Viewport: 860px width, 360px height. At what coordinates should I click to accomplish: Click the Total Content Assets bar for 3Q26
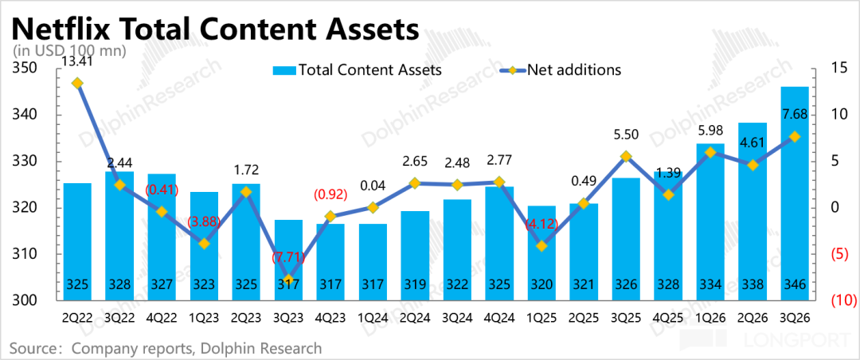click(794, 194)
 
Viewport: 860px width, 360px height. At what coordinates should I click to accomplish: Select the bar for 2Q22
click(77, 241)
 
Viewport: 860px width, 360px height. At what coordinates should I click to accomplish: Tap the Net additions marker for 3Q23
click(288, 280)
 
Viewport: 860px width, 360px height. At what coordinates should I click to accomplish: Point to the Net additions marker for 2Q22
click(77, 83)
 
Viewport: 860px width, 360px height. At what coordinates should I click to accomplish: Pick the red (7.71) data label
click(288, 259)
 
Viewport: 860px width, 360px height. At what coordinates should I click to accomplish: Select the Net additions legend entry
click(561, 70)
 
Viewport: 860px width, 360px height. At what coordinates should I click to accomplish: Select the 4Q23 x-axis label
click(330, 317)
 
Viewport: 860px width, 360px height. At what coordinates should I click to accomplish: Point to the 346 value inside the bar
click(794, 285)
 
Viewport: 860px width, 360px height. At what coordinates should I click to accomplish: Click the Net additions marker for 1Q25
click(541, 246)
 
